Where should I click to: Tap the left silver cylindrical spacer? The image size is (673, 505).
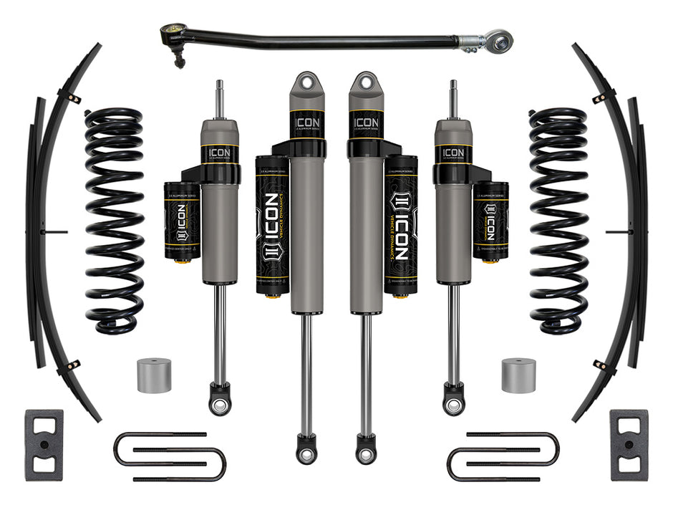tap(154, 375)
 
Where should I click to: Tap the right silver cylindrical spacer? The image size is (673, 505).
tap(519, 375)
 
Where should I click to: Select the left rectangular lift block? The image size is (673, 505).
tap(44, 445)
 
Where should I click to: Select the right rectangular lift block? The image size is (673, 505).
tap(629, 445)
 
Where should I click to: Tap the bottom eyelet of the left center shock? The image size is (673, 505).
tap(306, 453)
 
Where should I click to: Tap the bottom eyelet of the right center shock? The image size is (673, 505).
tap(366, 453)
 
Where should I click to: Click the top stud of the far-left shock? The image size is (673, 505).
tap(220, 97)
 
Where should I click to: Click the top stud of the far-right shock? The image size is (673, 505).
tap(453, 97)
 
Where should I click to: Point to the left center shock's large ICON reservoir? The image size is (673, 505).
tap(272, 226)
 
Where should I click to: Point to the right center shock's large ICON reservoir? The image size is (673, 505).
tap(400, 226)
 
